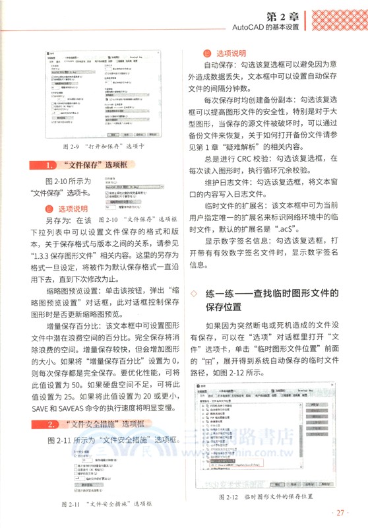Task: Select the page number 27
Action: (341, 513)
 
